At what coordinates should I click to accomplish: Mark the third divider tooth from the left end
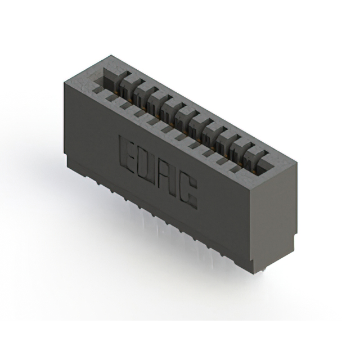point(157,97)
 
